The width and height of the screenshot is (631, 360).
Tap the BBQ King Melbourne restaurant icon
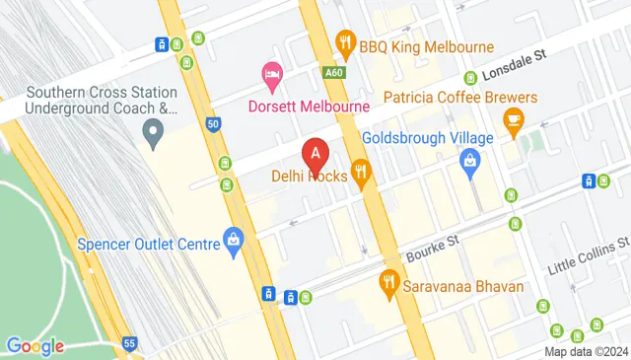click(x=344, y=41)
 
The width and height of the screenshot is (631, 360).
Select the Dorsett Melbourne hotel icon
click(x=271, y=74)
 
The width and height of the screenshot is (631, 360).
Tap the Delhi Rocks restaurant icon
click(x=362, y=173)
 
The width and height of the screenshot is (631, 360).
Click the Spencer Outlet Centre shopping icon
click(x=233, y=238)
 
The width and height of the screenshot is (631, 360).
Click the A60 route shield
click(x=333, y=71)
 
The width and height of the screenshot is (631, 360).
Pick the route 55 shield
click(x=129, y=342)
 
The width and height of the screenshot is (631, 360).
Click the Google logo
click(x=35, y=345)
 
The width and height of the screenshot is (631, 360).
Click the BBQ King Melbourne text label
click(x=426, y=46)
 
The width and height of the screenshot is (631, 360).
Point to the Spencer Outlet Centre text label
click(x=148, y=244)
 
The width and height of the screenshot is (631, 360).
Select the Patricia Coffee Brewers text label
click(x=459, y=98)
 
